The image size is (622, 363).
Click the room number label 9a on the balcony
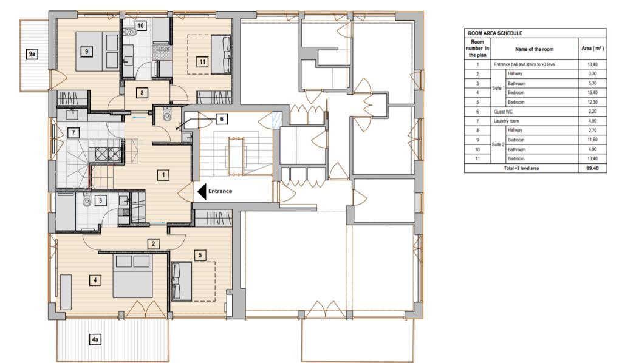(x=32, y=54)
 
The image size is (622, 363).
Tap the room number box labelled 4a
(x=95, y=339)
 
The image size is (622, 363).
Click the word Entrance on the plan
(x=220, y=191)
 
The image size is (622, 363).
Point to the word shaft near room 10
(x=163, y=49)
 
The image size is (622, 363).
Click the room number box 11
(x=202, y=62)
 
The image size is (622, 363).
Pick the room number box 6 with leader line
(x=222, y=119)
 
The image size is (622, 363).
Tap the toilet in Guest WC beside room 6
(x=167, y=114)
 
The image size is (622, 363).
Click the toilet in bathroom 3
(x=87, y=200)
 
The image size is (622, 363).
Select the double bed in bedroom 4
(x=132, y=276)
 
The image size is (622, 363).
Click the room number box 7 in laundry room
(x=73, y=132)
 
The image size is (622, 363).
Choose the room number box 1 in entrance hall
(x=163, y=175)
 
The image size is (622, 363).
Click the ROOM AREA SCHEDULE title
(x=495, y=33)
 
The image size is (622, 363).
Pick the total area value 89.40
(x=592, y=168)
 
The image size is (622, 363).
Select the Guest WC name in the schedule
(x=504, y=112)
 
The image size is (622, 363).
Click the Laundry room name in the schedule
(x=506, y=121)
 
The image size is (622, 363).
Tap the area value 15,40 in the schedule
(x=592, y=93)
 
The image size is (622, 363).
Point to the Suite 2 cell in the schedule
(x=498, y=144)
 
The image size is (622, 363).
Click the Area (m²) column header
(x=592, y=49)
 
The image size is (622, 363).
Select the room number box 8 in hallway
(x=142, y=93)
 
